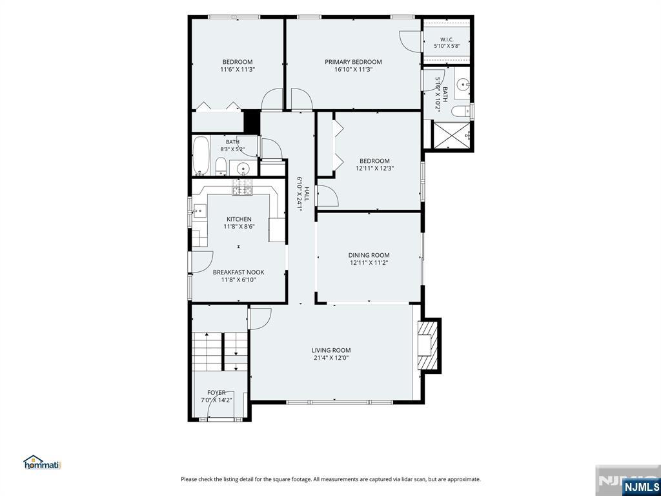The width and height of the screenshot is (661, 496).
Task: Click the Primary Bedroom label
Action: (353, 62)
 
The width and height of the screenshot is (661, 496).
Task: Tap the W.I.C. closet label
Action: (447, 39)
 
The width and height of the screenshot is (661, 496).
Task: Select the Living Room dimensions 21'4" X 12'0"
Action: (331, 358)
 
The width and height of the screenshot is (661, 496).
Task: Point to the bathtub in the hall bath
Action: (201, 155)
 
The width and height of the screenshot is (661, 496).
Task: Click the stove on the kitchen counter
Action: (243, 187)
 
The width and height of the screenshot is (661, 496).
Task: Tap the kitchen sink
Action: (199, 210)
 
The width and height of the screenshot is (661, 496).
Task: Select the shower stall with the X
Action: (452, 136)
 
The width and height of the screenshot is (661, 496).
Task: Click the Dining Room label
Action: (369, 255)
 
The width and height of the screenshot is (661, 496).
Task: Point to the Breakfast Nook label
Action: (239, 273)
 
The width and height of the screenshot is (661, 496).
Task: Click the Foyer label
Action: (216, 393)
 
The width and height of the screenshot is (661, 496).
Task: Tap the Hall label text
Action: (307, 194)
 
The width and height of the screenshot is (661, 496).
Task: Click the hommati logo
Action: (42, 462)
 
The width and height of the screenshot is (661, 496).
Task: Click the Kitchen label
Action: (239, 220)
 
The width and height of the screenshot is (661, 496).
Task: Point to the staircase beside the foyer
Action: (220, 351)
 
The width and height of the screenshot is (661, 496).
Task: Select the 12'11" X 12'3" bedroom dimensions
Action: (375, 169)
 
